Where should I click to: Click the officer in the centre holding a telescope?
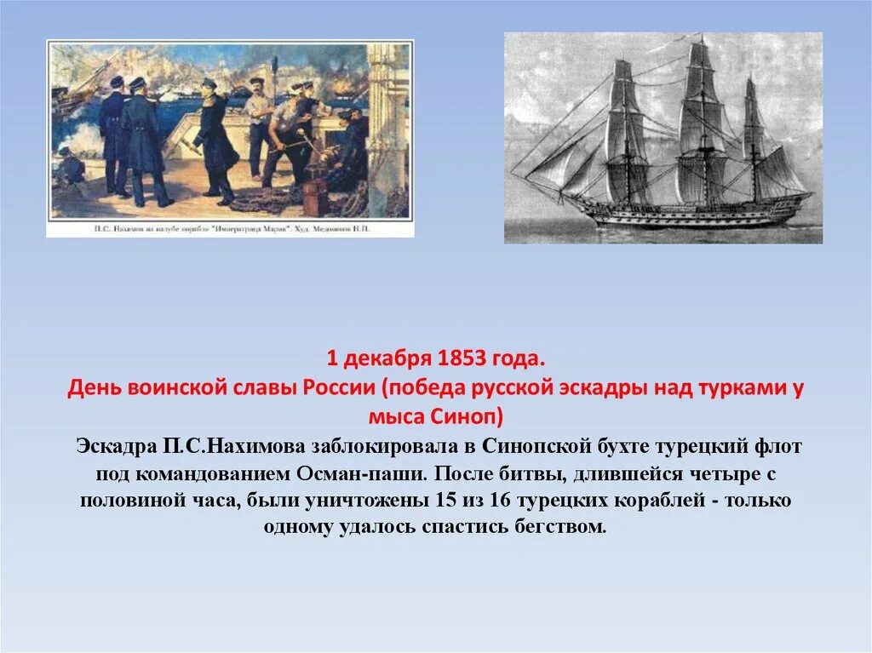click(x=214, y=136)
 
